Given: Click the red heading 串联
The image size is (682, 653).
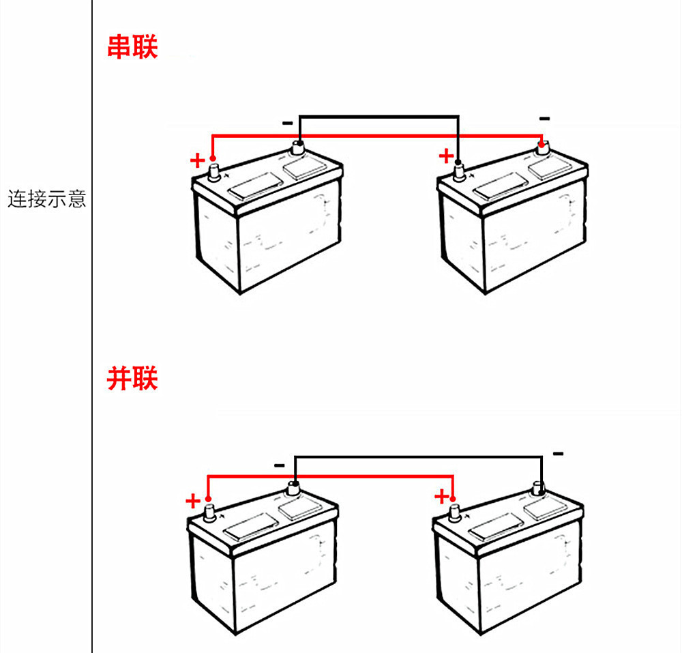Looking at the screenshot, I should tap(132, 48).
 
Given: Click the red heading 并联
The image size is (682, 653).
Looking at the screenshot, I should tap(132, 379).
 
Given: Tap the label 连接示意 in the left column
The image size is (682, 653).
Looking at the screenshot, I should tap(46, 199).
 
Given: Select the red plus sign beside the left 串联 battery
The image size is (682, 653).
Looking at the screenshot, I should tap(196, 161).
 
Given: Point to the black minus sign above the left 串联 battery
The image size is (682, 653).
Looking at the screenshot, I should tap(288, 123).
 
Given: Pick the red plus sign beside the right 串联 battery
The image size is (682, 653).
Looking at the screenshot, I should tap(445, 156).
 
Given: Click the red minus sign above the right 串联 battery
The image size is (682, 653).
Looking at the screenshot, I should tap(544, 119).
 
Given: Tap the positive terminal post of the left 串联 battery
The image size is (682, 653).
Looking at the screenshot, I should tap(213, 171).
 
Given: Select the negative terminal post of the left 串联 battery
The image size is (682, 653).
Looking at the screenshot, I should tap(298, 147).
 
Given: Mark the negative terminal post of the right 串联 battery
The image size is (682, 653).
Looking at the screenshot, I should tap(544, 149).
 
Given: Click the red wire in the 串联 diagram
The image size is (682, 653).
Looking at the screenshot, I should tap(375, 136).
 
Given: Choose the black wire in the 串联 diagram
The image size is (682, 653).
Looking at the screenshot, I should tap(379, 116).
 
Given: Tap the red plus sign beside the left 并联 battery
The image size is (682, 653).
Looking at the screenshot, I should tap(193, 502).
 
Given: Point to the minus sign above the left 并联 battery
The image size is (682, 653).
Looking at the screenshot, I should tap(280, 465).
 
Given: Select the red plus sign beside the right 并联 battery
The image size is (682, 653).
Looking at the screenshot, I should tap(443, 496).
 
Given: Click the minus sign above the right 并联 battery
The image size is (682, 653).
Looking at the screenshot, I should tap(558, 453).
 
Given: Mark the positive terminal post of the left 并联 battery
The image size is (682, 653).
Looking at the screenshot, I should tap(209, 511).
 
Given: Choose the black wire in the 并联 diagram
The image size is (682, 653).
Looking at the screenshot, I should tap(416, 456).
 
